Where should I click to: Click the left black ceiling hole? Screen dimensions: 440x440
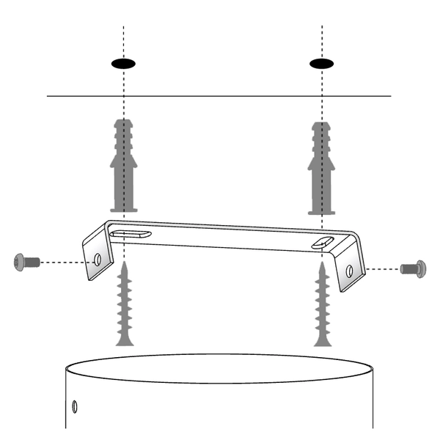point(124,63)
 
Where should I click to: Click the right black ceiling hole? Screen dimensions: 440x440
point(321,63)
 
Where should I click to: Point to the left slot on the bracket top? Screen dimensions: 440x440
point(133,234)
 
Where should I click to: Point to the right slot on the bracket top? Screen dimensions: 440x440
point(320,242)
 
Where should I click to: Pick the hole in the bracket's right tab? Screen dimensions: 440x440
point(349,269)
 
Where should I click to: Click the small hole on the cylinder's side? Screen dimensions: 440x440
point(74,406)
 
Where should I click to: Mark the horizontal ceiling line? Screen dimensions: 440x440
point(220,96)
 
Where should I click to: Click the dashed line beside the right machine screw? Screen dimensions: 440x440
point(381,269)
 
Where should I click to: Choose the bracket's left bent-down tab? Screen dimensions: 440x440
point(98,257)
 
